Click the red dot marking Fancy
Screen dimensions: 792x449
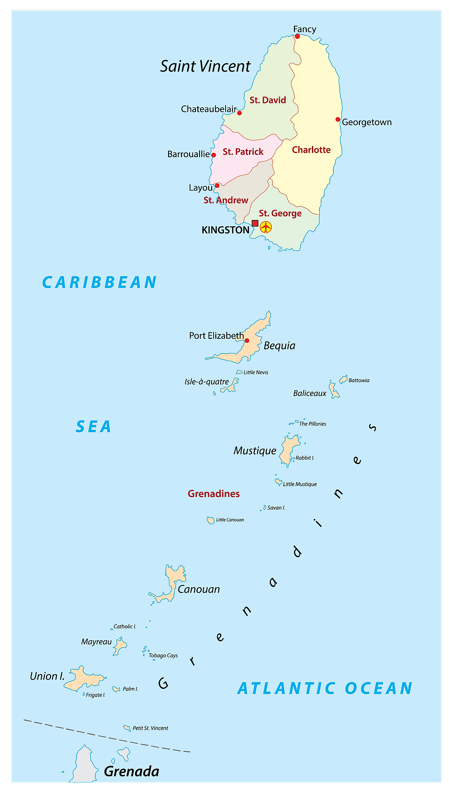click(297, 36)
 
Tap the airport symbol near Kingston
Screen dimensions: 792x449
click(266, 227)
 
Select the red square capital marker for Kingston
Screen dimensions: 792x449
click(255, 223)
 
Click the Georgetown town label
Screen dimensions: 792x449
click(367, 122)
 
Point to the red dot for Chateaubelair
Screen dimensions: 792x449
click(239, 113)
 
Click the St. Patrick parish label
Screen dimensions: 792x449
click(243, 152)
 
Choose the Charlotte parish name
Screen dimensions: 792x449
click(311, 150)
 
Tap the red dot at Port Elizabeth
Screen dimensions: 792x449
click(247, 341)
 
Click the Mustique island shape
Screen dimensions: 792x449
click(288, 449)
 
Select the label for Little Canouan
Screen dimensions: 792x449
click(230, 520)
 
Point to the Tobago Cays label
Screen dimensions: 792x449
click(163, 656)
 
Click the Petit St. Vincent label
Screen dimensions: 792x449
click(150, 728)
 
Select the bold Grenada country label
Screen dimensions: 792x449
click(131, 771)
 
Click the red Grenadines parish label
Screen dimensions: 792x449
click(214, 494)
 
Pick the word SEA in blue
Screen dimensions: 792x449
click(94, 427)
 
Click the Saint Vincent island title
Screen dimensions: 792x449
click(205, 66)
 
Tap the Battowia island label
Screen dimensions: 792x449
click(359, 380)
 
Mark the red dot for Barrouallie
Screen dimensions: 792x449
click(214, 155)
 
